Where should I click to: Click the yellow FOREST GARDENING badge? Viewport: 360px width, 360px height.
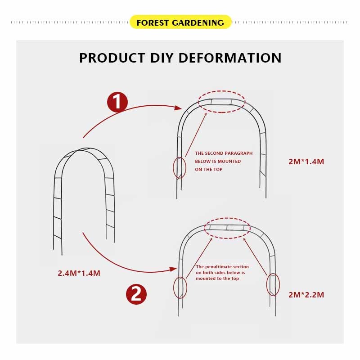180,22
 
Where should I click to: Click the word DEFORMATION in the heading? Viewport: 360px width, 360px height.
230,58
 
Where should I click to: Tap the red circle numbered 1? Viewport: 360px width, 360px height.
117,102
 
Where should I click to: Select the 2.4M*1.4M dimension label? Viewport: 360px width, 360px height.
79,273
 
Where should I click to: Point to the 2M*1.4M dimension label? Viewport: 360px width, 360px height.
306,162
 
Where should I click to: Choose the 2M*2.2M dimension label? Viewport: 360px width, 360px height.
306,295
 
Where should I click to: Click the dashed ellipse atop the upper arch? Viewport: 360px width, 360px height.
222,102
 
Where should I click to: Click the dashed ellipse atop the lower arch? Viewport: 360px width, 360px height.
227,228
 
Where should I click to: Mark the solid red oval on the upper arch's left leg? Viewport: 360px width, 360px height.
180,167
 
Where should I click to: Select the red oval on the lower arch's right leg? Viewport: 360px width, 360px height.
273,284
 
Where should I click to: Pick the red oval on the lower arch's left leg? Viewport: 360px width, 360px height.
180,288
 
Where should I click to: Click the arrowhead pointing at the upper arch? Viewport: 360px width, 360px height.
179,108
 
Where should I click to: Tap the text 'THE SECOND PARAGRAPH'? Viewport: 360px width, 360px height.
224,153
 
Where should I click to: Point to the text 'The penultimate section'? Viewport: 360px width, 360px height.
222,267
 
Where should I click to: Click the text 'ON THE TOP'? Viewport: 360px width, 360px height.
209,170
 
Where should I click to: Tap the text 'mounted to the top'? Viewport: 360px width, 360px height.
217,279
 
